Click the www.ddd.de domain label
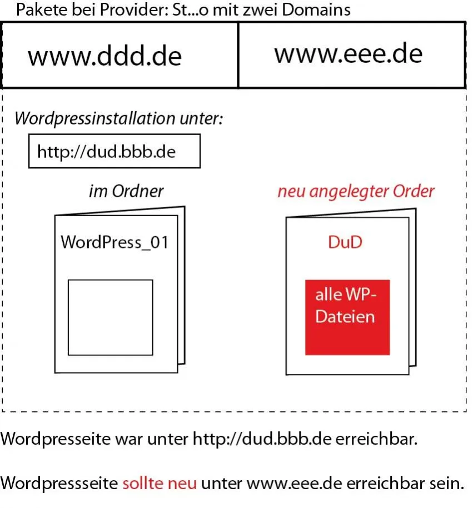tap(104, 56)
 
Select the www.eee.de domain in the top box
tap(348, 53)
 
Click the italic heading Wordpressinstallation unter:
tap(118, 118)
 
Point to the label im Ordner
tap(126, 191)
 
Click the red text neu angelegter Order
tap(356, 192)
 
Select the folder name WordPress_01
tap(114, 242)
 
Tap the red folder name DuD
tap(345, 242)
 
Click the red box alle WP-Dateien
tap(347, 317)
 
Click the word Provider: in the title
tap(134, 9)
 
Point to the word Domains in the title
tap(316, 9)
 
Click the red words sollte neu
tap(160, 484)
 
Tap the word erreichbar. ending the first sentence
tap(376, 439)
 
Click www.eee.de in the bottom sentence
tap(294, 484)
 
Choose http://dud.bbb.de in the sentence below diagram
tap(262, 439)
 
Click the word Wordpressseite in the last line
tap(59, 484)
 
